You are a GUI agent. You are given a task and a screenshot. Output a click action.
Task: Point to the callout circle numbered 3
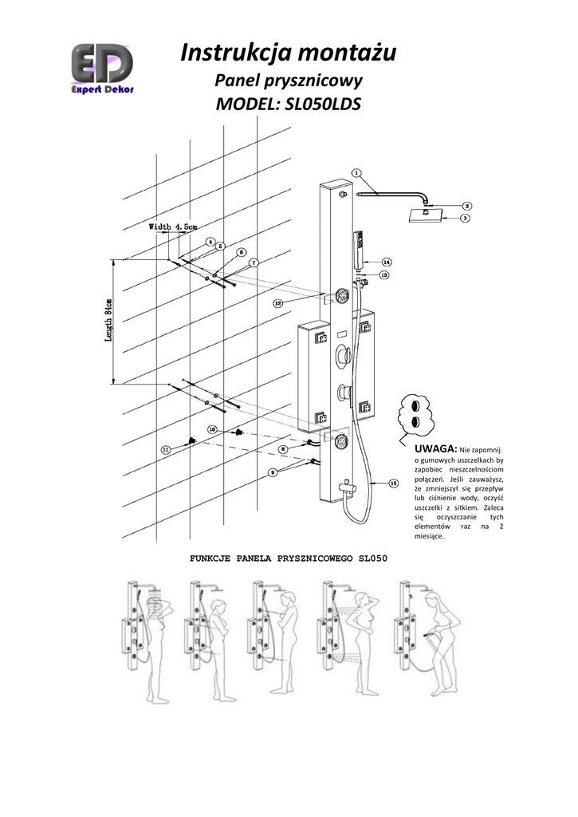pos(466,216)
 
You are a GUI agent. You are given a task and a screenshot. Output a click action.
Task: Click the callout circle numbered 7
pos(253,262)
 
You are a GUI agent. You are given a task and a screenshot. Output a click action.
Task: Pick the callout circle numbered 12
pos(277,303)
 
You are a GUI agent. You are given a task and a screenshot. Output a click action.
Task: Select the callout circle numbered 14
pos(386,262)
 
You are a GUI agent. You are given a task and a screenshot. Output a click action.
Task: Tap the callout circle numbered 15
pos(393,483)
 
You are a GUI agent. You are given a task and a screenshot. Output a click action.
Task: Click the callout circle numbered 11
pos(166,450)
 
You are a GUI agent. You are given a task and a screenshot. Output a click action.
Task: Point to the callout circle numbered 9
pos(273,472)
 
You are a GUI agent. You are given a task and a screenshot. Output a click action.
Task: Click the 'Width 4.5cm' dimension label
pos(173,227)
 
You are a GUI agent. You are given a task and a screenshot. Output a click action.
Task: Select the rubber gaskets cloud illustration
pos(414,413)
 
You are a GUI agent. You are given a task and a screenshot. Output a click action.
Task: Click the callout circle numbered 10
pos(212,429)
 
